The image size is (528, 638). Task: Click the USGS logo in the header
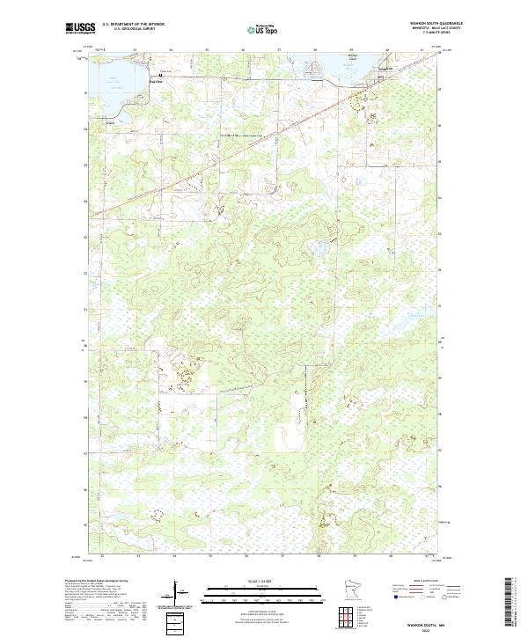point(80,28)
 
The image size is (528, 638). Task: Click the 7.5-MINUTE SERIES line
point(422,36)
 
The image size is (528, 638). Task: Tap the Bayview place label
point(156,80)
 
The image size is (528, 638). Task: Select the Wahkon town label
point(384,69)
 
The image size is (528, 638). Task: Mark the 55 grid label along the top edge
point(207,50)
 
